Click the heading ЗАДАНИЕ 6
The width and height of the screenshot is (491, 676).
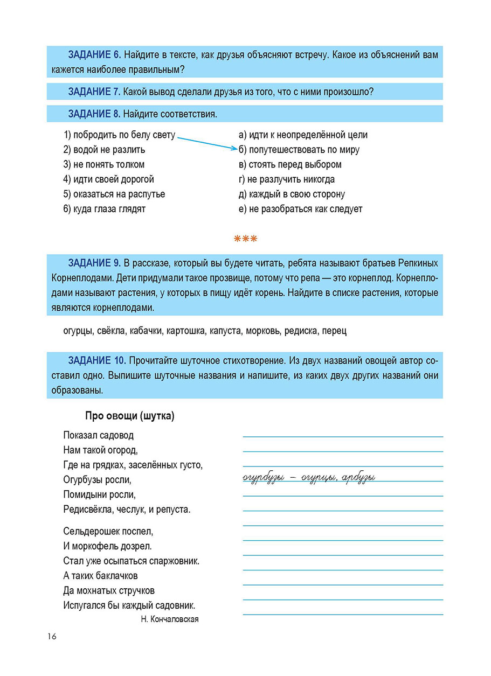point(94,55)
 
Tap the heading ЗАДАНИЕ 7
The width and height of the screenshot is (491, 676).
point(94,92)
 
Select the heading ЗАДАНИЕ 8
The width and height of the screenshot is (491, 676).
point(94,114)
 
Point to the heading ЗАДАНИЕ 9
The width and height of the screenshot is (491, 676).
point(94,263)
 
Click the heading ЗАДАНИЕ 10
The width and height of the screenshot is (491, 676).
point(97,360)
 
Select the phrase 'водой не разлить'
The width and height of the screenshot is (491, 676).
point(105,150)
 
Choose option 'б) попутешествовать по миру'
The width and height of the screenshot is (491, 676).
point(299,150)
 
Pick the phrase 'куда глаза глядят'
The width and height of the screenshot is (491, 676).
point(105,209)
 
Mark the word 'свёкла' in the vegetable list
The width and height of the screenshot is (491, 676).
point(111,331)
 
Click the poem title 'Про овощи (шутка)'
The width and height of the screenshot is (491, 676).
point(130,416)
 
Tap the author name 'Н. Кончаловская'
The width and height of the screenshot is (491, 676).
point(169,619)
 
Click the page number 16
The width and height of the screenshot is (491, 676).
point(51,637)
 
